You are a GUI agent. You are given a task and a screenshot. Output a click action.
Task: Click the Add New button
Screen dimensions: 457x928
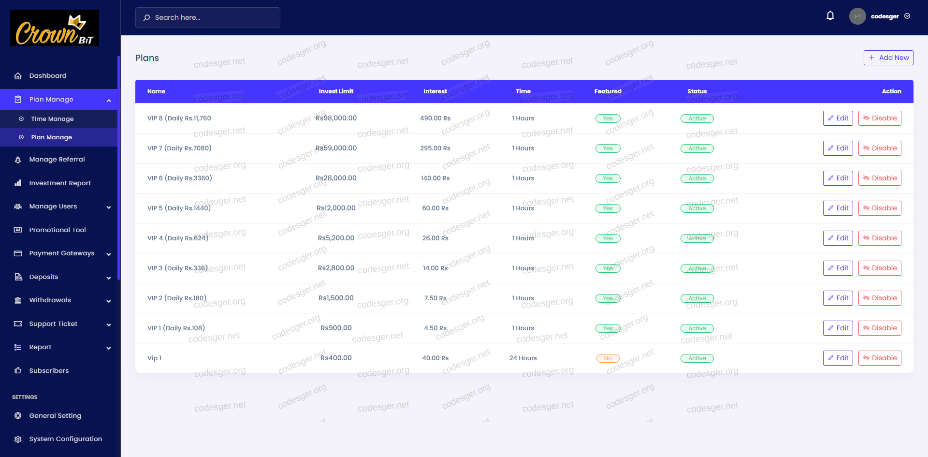(x=888, y=58)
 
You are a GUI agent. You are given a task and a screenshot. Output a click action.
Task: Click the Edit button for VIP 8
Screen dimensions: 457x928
(x=838, y=118)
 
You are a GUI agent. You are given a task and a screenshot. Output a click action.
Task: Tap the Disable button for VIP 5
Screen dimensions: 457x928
(x=880, y=208)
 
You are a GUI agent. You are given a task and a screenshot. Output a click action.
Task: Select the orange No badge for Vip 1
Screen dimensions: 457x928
(x=608, y=358)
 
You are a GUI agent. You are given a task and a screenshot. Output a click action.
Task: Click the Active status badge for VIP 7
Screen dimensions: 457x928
(x=697, y=148)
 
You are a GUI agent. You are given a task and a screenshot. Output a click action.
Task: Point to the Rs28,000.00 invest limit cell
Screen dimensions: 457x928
(x=336, y=178)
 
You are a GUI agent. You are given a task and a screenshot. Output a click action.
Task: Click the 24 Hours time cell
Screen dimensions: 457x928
(x=523, y=358)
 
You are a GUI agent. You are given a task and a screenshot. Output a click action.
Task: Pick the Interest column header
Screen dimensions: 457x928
(x=435, y=91)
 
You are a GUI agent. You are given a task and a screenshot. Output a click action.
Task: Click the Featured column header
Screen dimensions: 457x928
(x=608, y=91)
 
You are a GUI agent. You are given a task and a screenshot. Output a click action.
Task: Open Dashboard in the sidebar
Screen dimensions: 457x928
(x=48, y=76)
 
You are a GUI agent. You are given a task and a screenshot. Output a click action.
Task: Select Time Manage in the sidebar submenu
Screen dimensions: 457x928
(x=52, y=119)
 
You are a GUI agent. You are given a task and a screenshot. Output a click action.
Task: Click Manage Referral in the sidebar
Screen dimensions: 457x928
(x=57, y=160)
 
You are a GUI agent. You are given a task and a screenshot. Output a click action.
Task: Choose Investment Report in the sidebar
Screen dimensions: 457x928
(x=60, y=183)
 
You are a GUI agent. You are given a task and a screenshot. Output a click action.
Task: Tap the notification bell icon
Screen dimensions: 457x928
(x=830, y=16)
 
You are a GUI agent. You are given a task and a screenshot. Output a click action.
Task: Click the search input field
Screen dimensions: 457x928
(x=208, y=17)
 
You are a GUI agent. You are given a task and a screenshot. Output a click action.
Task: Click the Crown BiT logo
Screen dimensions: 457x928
(x=55, y=28)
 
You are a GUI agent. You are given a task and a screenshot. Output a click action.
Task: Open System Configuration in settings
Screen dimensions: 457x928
(x=65, y=439)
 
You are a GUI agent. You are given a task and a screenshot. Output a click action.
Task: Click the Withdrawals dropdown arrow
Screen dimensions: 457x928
(x=109, y=301)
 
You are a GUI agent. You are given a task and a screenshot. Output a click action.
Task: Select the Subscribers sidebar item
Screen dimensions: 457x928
(x=49, y=371)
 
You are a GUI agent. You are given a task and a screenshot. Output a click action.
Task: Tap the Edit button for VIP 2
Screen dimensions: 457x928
(x=838, y=298)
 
